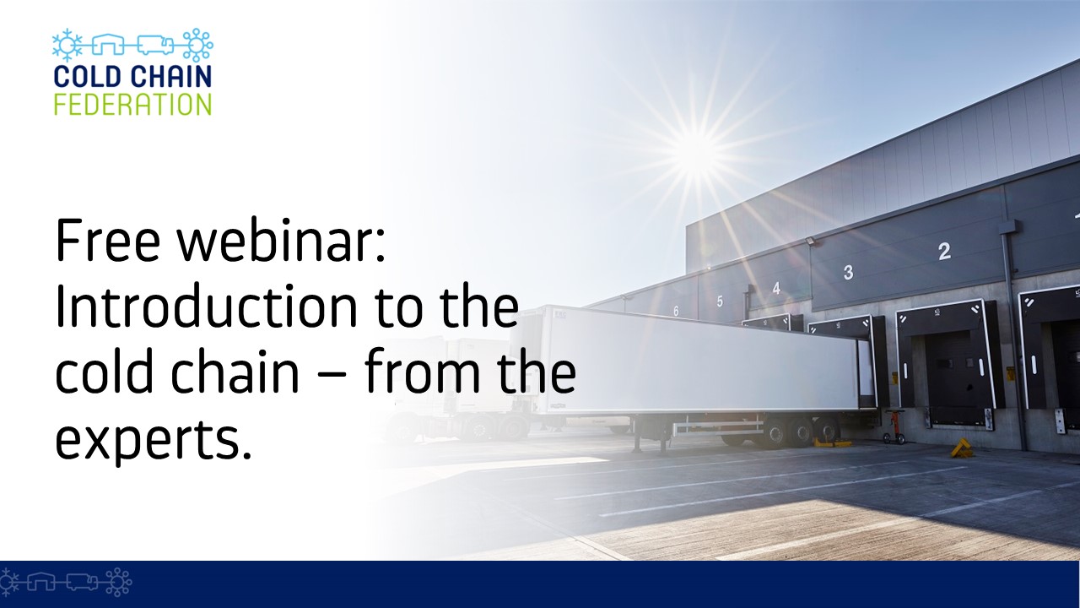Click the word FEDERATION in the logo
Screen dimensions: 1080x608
tap(132, 104)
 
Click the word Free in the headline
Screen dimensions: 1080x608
tap(107, 241)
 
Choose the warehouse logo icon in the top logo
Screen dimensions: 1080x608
tap(108, 45)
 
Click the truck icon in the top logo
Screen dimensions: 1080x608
tap(154, 45)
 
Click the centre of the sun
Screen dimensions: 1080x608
tap(696, 151)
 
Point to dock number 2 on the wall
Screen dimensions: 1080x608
tap(944, 252)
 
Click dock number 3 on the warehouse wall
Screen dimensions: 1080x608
tap(849, 272)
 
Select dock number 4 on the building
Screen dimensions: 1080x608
tap(776, 288)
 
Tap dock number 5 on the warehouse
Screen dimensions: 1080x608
tap(720, 301)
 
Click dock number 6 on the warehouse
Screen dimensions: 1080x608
tap(676, 312)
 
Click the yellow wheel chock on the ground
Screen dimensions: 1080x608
tap(961, 448)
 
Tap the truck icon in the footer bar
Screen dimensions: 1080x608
tap(82, 583)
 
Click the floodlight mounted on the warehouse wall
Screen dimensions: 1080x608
tap(812, 241)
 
